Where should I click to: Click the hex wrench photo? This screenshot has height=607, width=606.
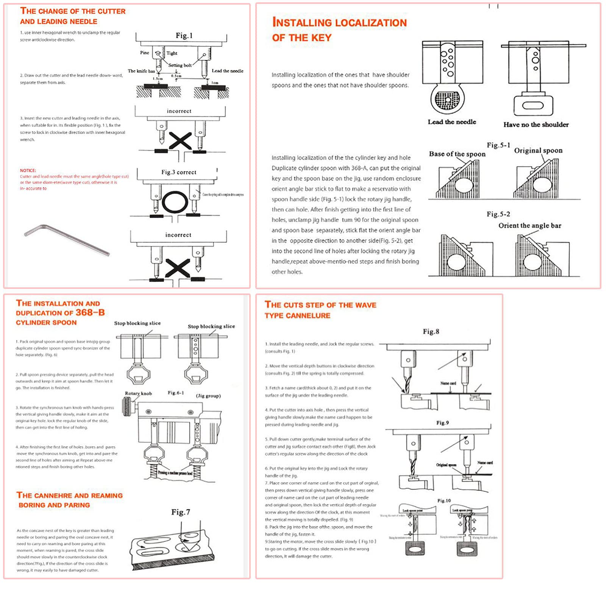(67, 240)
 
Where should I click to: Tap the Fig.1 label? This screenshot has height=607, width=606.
(184, 36)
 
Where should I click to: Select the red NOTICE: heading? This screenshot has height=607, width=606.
(28, 170)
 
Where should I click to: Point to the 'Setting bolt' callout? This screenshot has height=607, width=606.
(180, 65)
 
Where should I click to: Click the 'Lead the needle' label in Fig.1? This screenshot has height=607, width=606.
(227, 71)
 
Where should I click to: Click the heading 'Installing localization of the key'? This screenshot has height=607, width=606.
(339, 30)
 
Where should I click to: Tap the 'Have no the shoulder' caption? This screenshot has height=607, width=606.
(536, 125)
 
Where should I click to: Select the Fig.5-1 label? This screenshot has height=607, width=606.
(498, 145)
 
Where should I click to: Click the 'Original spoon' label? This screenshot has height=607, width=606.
(538, 151)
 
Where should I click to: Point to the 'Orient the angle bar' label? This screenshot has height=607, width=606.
(529, 226)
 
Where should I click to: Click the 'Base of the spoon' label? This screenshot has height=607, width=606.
(457, 154)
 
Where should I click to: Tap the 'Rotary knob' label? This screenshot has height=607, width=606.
(138, 394)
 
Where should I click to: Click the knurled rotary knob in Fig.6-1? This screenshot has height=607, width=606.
(127, 408)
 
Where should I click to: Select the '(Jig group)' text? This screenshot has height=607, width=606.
(208, 396)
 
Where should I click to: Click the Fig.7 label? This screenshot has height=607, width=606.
(180, 512)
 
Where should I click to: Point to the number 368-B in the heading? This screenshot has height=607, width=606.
(90, 312)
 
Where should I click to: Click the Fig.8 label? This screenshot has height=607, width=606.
(431, 332)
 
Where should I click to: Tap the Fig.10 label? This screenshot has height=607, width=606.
(444, 500)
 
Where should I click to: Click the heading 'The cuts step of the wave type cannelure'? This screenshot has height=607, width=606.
(320, 310)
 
